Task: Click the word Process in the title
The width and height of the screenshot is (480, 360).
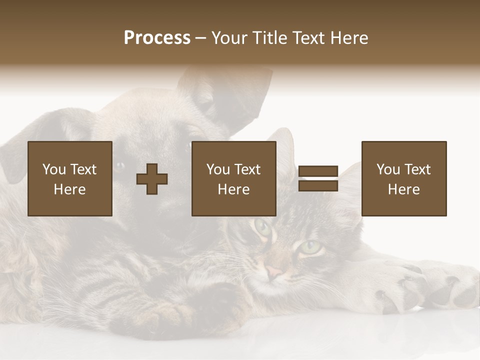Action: click(157, 38)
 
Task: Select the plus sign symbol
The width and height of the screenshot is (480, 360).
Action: click(152, 178)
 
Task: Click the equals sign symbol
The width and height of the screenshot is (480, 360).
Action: click(318, 178)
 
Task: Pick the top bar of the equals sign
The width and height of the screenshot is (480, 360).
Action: click(318, 171)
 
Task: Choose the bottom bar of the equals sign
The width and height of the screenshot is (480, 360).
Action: click(318, 186)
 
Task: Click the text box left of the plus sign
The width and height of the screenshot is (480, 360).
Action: click(69, 178)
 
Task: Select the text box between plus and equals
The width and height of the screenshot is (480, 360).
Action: click(233, 178)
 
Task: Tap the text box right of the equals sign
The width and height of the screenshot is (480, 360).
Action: click(403, 178)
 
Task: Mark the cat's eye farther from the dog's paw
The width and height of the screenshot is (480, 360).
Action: click(262, 227)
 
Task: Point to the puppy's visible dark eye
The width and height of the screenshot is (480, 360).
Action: click(120, 165)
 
